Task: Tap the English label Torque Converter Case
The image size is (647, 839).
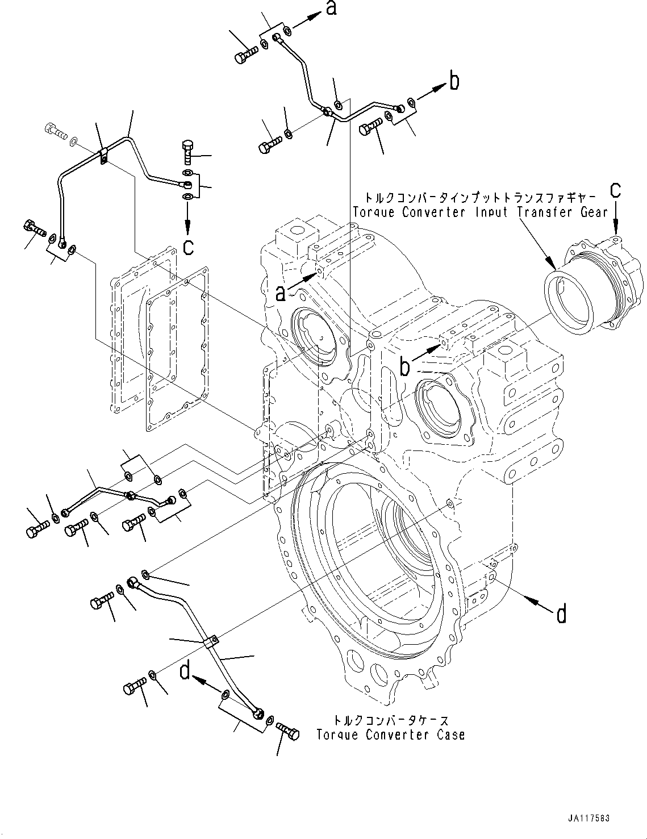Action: pos(391,734)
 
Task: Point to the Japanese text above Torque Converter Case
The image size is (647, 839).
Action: pos(391,720)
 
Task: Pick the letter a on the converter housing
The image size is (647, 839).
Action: pos(281,293)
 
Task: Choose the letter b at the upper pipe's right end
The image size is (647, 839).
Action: pos(454,81)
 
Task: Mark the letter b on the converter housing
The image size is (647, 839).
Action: pos(404,367)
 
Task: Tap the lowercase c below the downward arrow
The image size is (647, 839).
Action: pos(188,246)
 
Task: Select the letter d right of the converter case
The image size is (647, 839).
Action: pos(561,614)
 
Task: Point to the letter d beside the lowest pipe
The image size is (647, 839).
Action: pos(185,671)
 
